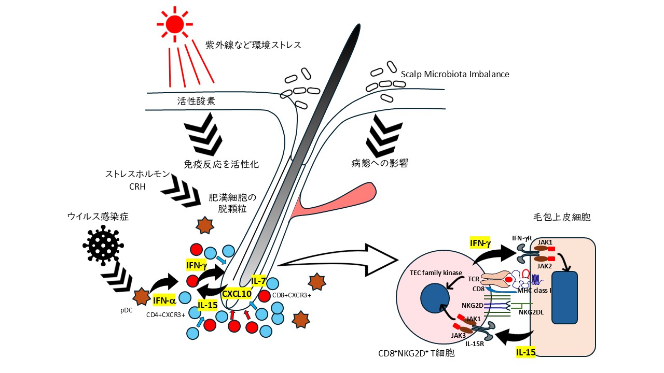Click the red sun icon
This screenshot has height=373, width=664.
(x=175, y=23)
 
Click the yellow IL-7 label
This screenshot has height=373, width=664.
(x=258, y=281)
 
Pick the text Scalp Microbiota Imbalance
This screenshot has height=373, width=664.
(x=455, y=74)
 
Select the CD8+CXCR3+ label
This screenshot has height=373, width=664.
(x=292, y=296)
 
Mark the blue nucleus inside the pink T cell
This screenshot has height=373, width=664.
(x=435, y=299)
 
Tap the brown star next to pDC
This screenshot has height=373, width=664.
(x=141, y=297)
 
